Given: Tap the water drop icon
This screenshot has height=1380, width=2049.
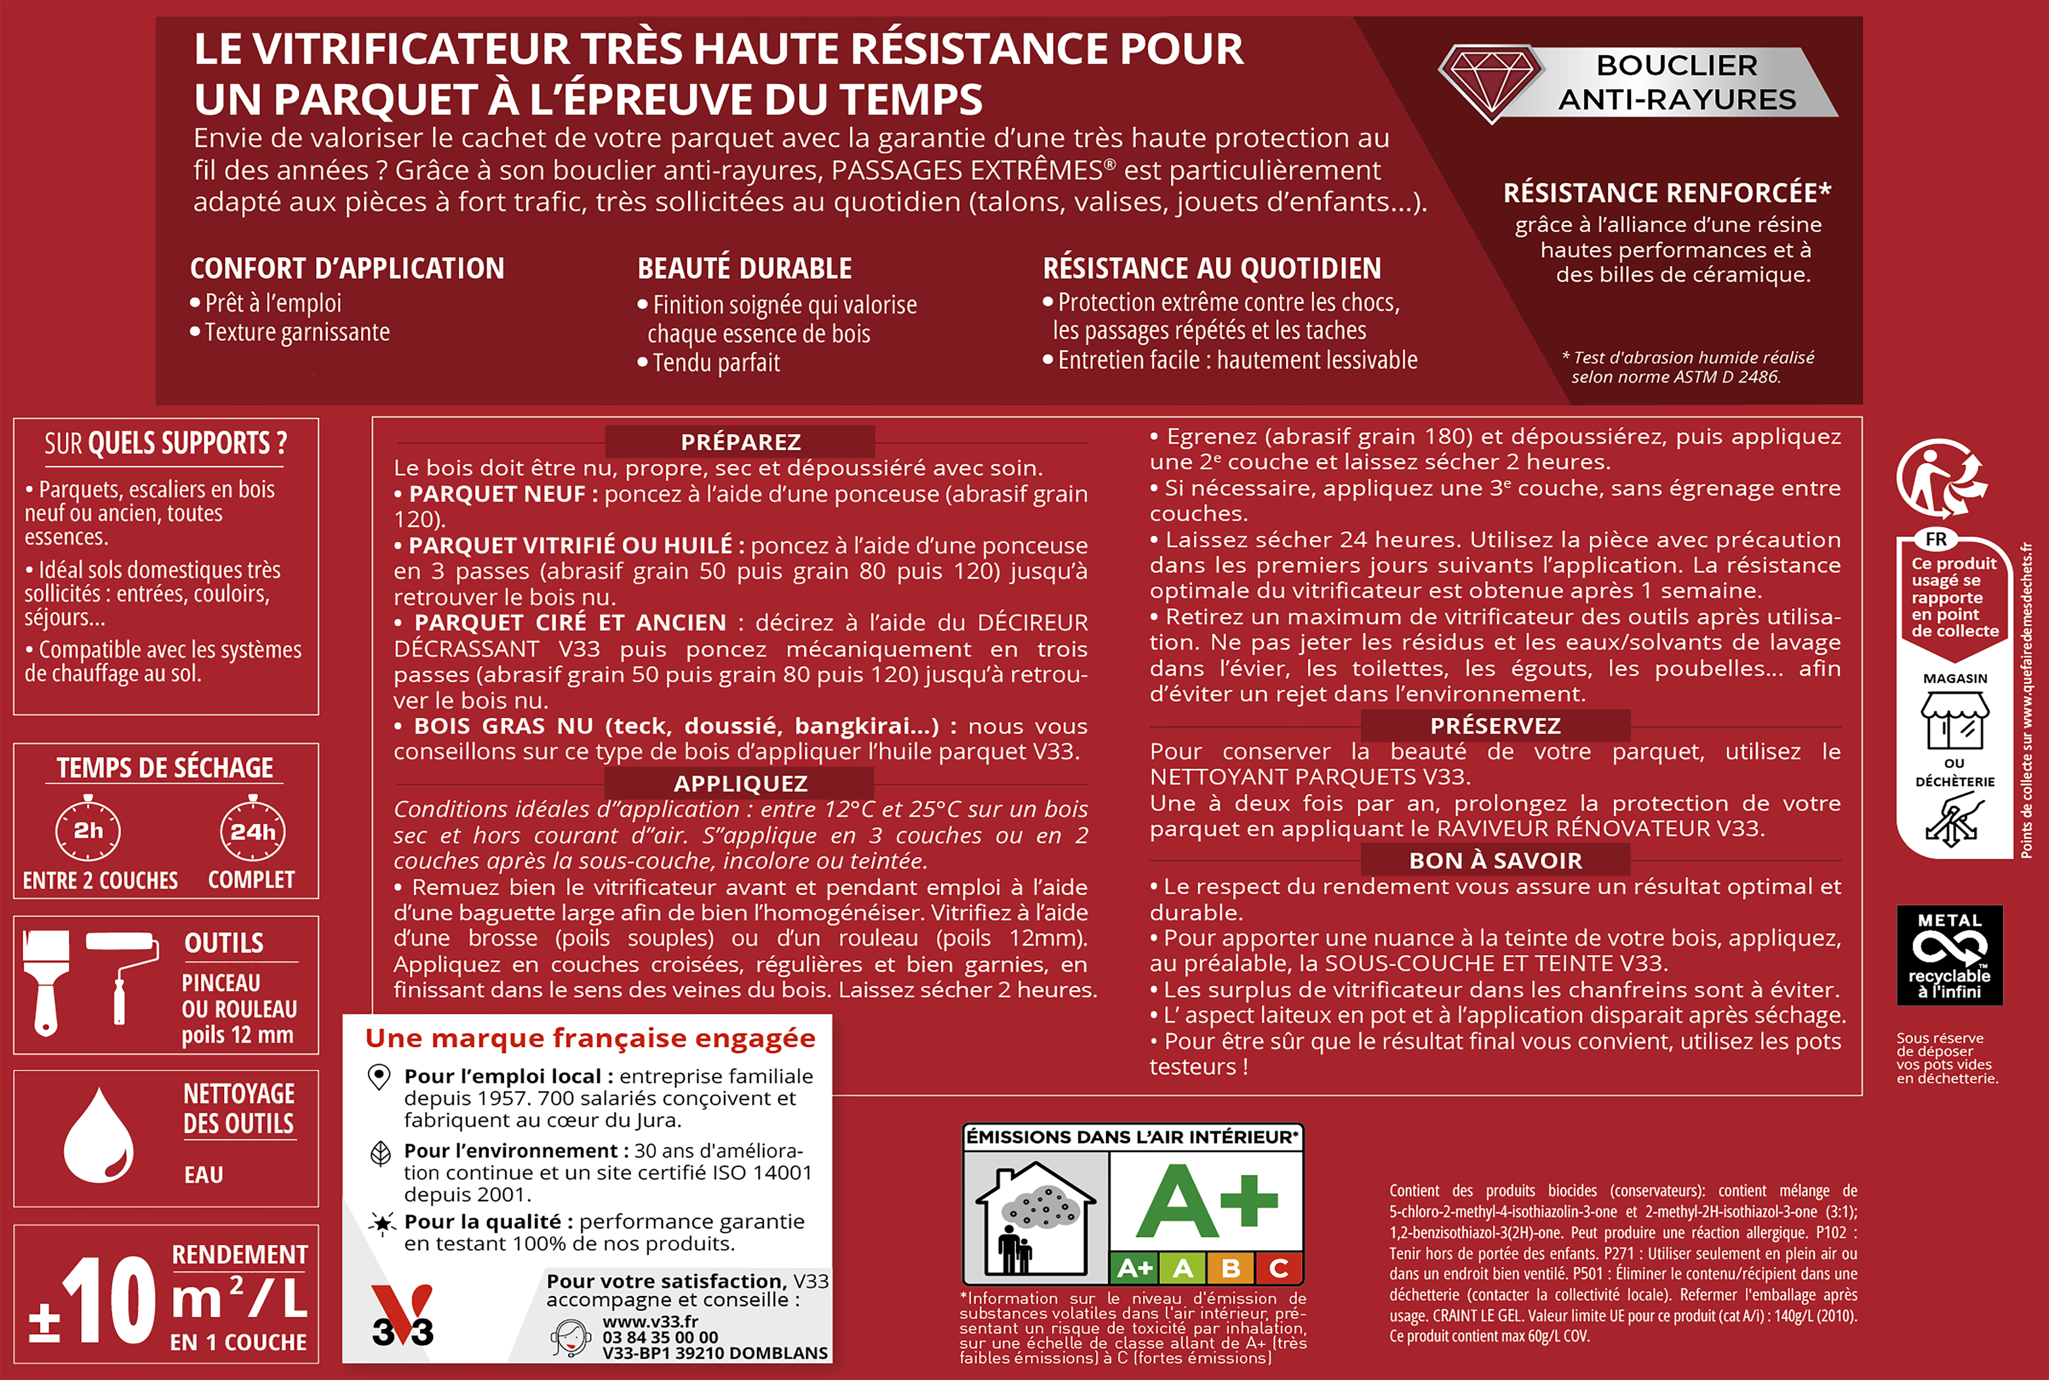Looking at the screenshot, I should click(98, 1137).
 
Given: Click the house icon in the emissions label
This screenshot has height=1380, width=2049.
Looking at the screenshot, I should click(1036, 1219).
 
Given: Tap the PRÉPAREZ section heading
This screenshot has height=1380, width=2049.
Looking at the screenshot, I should click(740, 442).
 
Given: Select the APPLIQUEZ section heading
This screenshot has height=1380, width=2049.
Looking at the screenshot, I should click(740, 783).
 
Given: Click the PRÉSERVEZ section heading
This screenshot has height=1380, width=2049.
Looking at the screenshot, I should click(1496, 726).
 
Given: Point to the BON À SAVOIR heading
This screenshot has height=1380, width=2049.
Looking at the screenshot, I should click(1496, 861).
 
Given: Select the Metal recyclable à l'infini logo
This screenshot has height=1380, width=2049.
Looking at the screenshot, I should click(1950, 955).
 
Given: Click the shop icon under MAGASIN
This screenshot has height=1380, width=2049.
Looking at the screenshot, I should click(1954, 720).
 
